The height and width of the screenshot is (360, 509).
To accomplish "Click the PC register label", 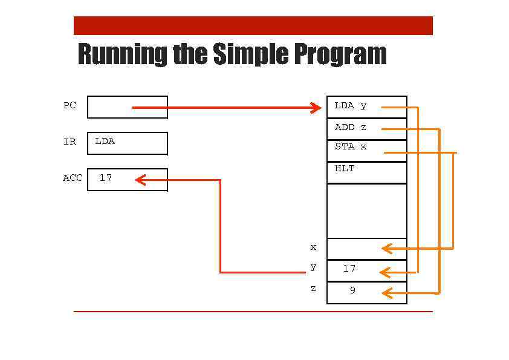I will coord(70,105).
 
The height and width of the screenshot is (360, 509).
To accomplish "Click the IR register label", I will coord(70,142).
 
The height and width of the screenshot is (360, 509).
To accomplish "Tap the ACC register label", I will coord(72,178).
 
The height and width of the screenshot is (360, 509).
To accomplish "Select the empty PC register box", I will coord(109,107).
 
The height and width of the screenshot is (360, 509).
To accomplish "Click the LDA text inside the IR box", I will coord(105,141).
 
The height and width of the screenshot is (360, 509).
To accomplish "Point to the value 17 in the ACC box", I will coord(105,178).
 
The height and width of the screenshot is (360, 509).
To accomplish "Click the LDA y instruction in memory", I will coord(350,106).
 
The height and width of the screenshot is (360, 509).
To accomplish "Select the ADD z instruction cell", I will coord(350,127).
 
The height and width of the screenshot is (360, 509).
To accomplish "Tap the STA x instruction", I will coord(350,146).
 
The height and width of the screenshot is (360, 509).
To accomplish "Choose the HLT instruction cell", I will coord(345,169).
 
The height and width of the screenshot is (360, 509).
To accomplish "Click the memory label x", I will coord(313,247).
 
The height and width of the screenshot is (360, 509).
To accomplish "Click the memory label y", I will coord(313,267).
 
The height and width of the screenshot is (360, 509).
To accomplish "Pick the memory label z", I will coord(313,289).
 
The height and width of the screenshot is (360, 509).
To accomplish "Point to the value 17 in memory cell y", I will coord(349,269).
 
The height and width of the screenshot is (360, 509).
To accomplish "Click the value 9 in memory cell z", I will coord(352,290).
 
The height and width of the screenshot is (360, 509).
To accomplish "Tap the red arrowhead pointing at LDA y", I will coord(316,108).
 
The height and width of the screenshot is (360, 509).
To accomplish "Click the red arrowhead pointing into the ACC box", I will coord(140,180).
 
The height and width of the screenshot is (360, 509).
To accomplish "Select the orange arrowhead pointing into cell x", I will coord(387,248).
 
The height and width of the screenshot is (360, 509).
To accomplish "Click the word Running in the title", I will coord(123,54).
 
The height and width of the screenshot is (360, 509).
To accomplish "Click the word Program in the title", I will coord(340,54).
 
